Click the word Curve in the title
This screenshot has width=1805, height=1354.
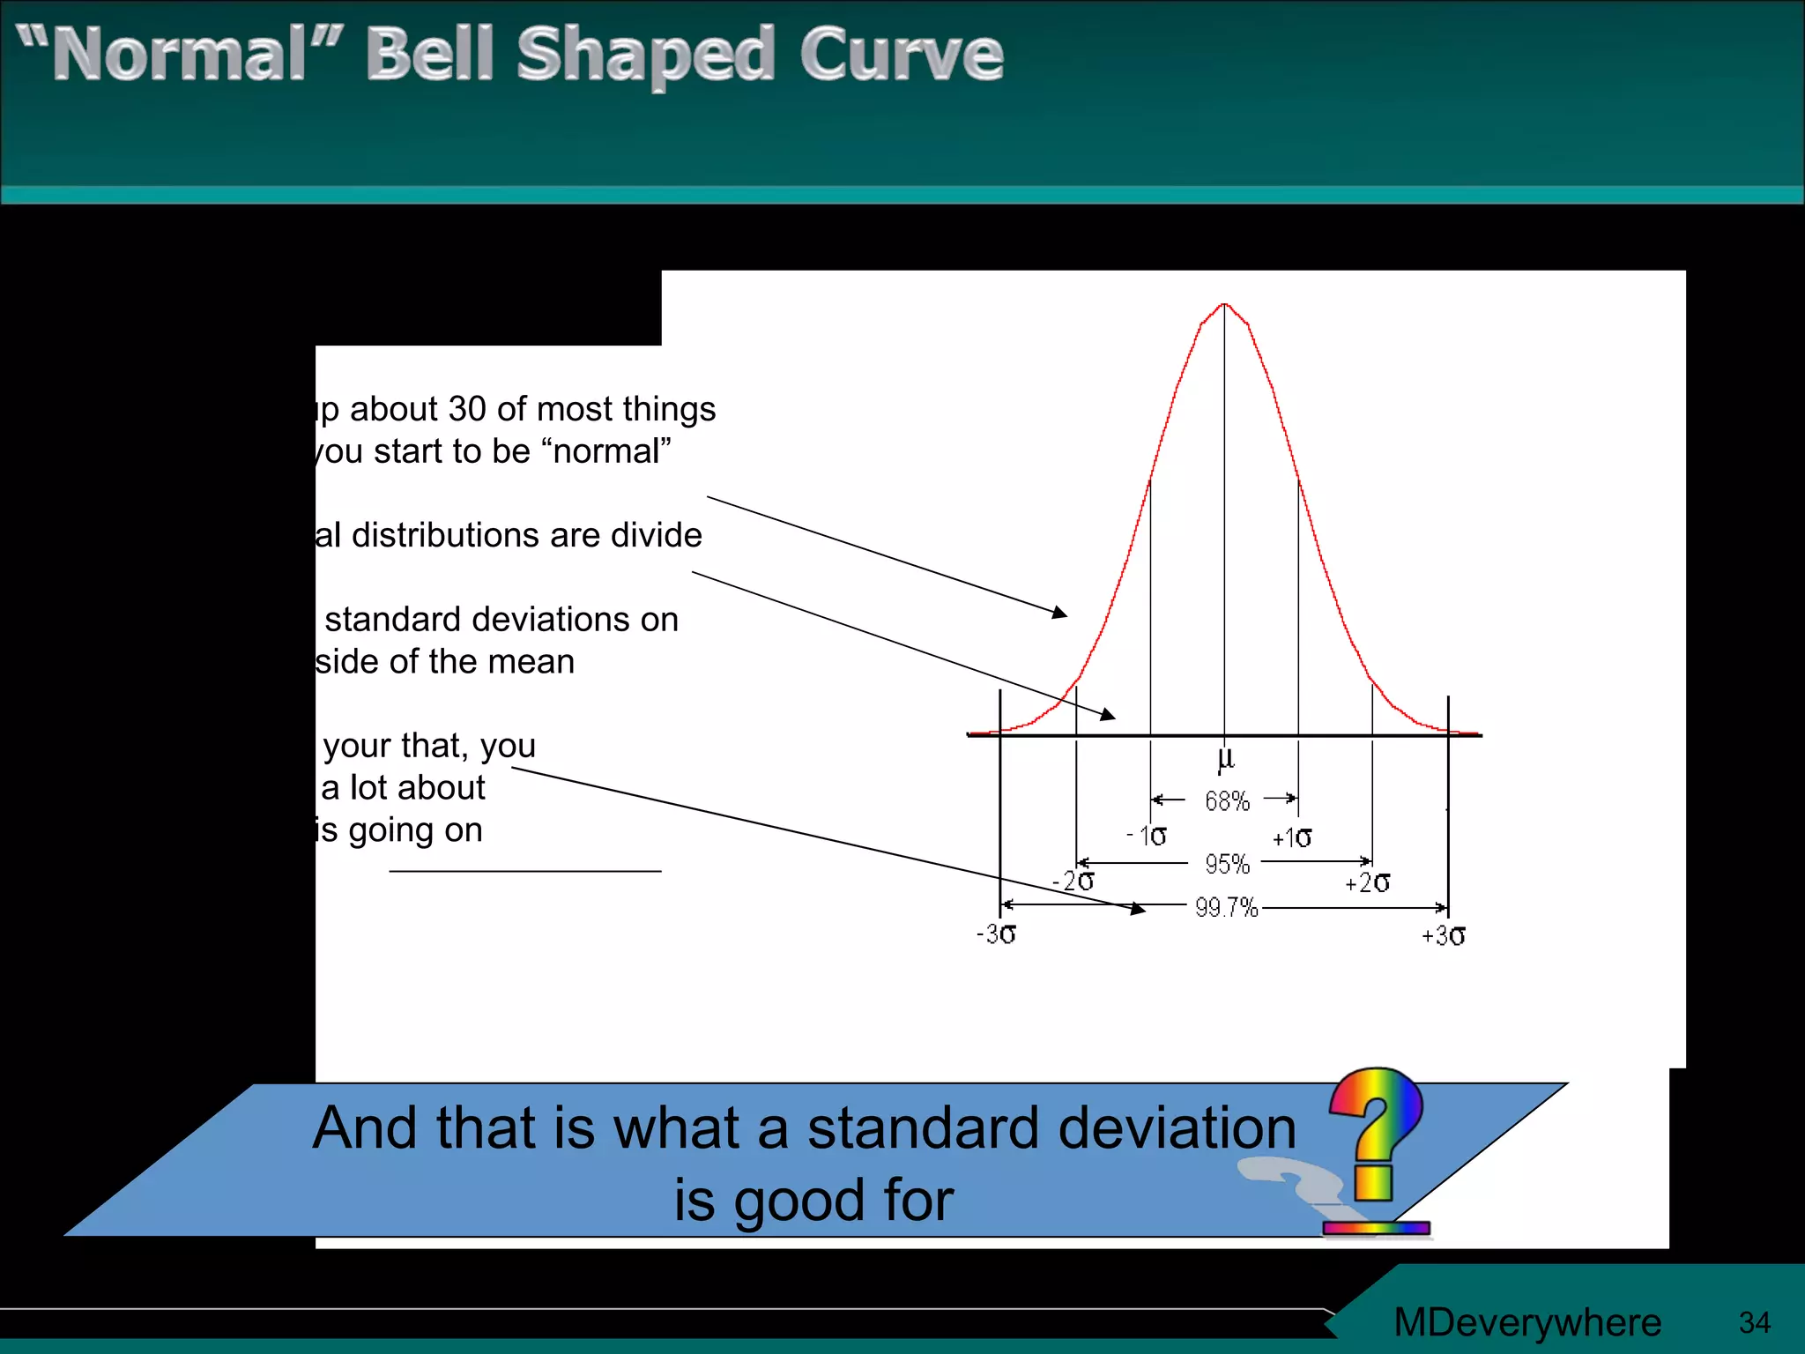pos(901,55)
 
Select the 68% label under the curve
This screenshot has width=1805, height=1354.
pos(1227,801)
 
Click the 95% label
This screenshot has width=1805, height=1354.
pos(1227,864)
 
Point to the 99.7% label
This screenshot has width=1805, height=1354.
pos(1226,907)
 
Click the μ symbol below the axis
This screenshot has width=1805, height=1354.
pos(1225,757)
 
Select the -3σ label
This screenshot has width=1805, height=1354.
pos(996,934)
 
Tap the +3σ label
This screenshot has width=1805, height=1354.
pos(1443,935)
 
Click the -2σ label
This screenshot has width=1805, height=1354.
pos(1073,881)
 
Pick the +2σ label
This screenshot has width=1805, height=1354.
pos(1367,882)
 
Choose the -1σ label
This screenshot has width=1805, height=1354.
pos(1147,836)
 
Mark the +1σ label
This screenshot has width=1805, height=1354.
pos(1291,837)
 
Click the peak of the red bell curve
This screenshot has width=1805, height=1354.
pos(1224,305)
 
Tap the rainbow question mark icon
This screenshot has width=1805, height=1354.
pos(1375,1137)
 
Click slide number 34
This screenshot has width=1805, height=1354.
pos(1754,1322)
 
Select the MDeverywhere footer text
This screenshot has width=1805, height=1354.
pos(1526,1322)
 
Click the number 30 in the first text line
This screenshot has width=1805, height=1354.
pos(467,409)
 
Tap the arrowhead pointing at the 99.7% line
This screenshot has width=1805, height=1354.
pos(1138,909)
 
